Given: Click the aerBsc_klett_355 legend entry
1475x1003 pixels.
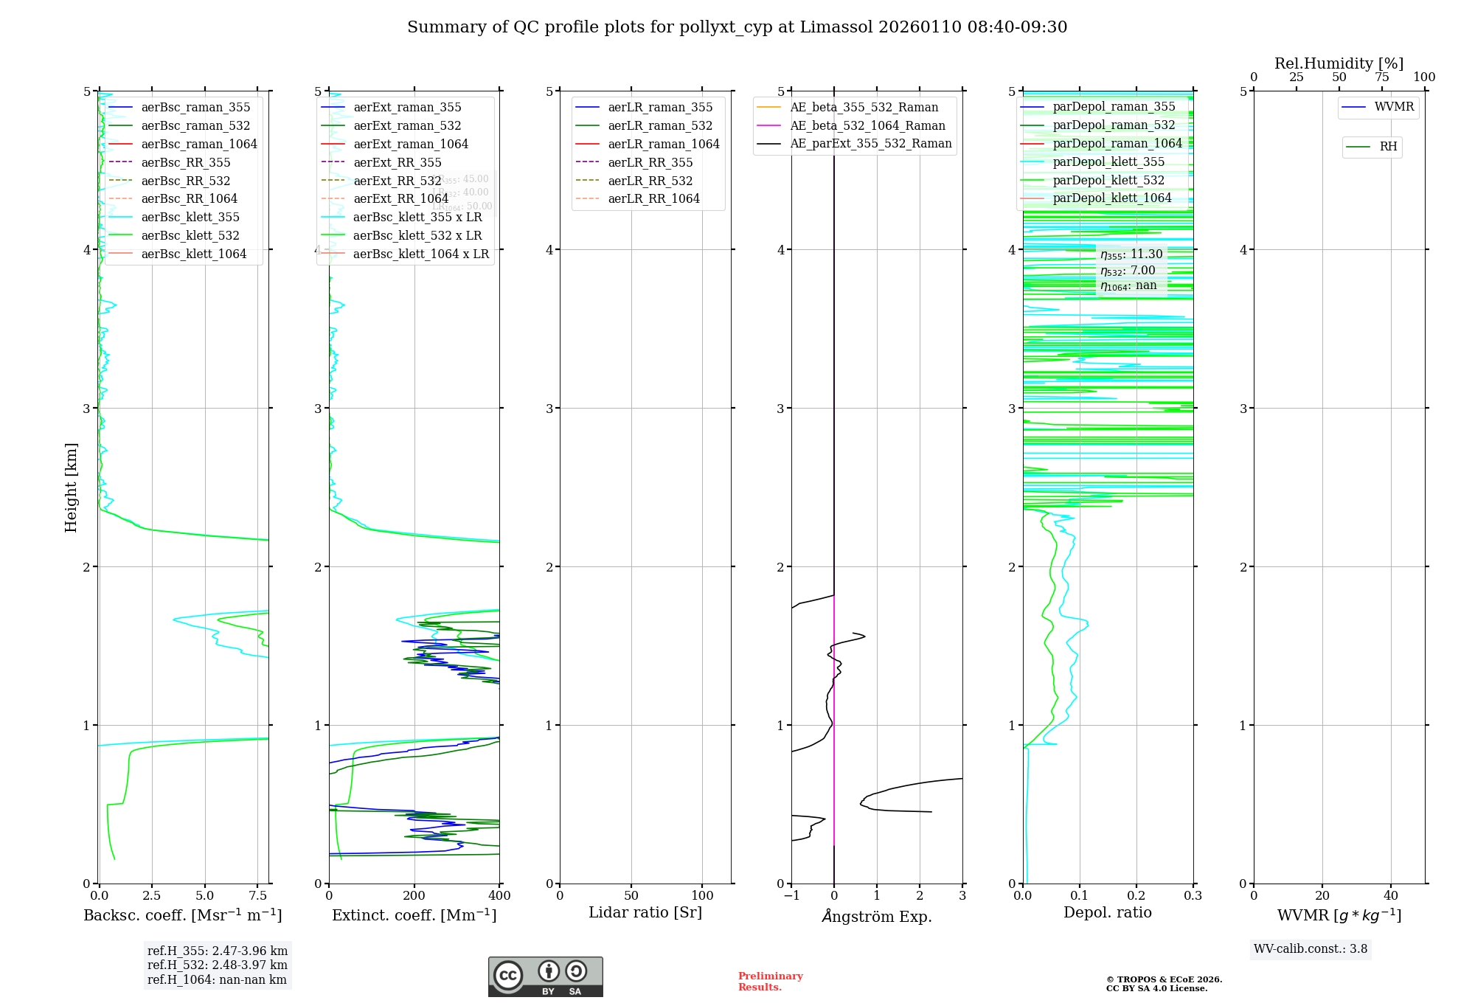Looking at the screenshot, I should tap(190, 218).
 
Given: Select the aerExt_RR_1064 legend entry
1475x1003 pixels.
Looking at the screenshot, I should tap(400, 199).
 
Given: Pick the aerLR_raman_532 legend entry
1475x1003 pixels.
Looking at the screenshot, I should tap(660, 126).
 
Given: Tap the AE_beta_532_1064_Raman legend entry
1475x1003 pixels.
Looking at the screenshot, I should tap(867, 126).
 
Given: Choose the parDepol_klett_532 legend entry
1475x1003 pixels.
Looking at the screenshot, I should tap(1108, 181).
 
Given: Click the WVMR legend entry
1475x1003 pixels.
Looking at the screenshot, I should tap(1394, 107).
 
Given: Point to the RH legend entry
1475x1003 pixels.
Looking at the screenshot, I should tap(1388, 147).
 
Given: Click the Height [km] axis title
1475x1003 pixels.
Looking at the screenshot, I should tap(71, 487).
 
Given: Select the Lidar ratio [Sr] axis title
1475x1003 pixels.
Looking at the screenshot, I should tap(645, 913).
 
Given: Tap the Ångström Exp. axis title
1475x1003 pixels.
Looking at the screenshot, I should tap(877, 916).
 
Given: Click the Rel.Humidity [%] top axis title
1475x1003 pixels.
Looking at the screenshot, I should tap(1339, 63).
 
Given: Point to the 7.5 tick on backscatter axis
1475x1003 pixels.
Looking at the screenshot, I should tap(258, 896).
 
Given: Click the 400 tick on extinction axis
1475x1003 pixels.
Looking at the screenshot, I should tap(499, 896).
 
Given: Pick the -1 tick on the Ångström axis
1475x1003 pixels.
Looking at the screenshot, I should tap(791, 896).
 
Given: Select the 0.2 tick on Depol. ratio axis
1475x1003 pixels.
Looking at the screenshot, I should tap(1136, 896).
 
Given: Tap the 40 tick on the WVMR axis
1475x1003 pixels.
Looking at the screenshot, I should tap(1391, 896).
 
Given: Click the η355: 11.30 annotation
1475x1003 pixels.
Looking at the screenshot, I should tap(1131, 254).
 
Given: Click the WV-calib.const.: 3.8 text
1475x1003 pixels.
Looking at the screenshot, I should tap(1311, 949).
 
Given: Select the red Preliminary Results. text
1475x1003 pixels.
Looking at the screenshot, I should tap(770, 982).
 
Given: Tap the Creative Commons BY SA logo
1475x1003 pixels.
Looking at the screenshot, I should tap(545, 977).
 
